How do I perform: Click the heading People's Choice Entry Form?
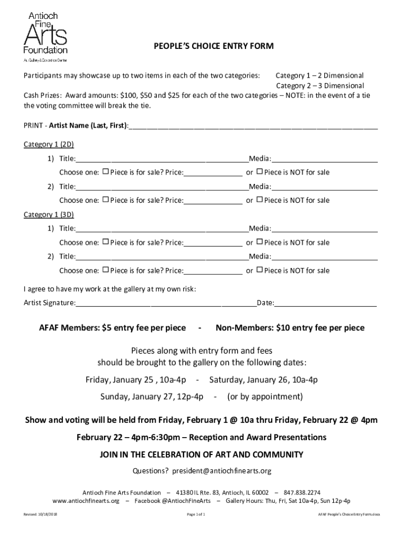point(214,47)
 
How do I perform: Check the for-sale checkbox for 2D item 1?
point(105,172)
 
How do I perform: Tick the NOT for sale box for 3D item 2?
point(259,270)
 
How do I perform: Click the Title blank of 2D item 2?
point(162,186)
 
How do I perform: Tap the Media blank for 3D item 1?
point(324,228)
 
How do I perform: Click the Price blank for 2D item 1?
point(213,172)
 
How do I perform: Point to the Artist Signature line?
point(165,303)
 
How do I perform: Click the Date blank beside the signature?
point(325,303)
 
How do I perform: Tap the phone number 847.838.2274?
point(302,492)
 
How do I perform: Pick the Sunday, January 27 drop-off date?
point(152,397)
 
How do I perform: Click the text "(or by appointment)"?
point(265,397)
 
